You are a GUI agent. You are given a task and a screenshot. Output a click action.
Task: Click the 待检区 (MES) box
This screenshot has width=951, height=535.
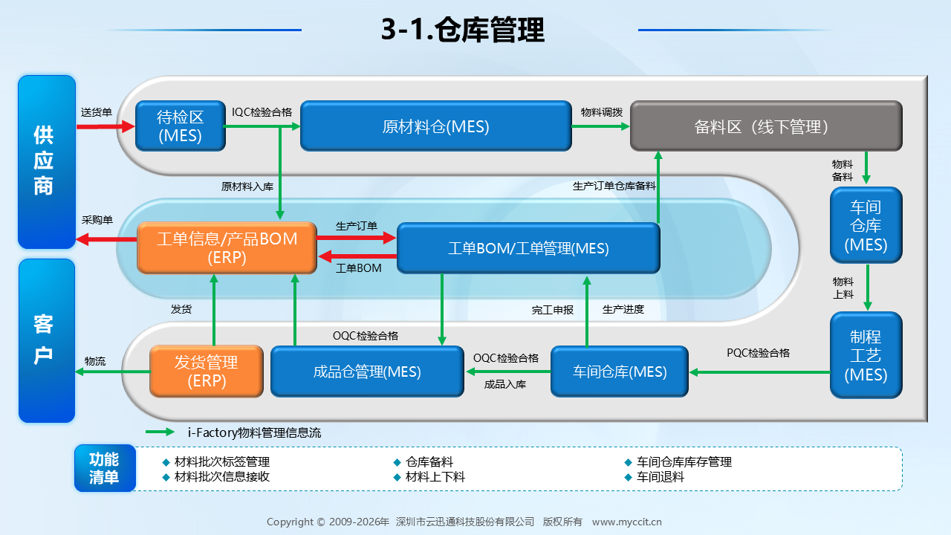tap(181, 126)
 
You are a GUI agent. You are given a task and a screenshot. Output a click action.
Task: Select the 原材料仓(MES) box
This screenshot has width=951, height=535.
tap(436, 126)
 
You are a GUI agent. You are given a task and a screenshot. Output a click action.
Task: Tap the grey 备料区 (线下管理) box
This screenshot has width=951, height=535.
tap(766, 126)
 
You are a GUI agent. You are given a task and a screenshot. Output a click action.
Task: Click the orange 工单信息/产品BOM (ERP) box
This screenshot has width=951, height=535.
tap(227, 248)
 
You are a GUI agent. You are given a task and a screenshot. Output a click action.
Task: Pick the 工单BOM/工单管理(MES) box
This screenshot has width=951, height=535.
tap(528, 248)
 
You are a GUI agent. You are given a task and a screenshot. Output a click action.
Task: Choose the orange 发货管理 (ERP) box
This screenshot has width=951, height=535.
tap(207, 372)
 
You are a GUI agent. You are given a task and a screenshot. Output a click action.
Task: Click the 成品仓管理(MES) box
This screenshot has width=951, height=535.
tap(367, 372)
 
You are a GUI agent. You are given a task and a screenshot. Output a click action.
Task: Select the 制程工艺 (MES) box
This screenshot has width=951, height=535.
tap(866, 355)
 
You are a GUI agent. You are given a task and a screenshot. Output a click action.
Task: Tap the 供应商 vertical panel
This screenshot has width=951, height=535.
tap(47, 162)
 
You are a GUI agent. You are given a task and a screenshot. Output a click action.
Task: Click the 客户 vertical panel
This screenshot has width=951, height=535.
tap(47, 340)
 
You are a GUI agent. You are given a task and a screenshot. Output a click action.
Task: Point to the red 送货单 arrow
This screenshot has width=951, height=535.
tap(106, 126)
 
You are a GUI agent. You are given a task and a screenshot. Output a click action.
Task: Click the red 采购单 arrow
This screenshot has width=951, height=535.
tap(106, 239)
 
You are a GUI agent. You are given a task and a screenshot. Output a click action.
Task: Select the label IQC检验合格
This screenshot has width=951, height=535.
tap(262, 112)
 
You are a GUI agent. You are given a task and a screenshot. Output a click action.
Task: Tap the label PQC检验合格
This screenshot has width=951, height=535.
tap(759, 353)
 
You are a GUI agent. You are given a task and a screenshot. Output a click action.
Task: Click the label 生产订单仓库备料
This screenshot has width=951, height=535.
tap(614, 186)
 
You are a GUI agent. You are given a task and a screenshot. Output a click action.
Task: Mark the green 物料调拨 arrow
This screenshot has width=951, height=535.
tap(601, 126)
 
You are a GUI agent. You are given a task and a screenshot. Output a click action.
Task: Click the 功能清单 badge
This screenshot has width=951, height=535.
tap(105, 468)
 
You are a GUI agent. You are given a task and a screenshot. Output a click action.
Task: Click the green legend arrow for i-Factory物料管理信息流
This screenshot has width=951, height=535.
tap(160, 432)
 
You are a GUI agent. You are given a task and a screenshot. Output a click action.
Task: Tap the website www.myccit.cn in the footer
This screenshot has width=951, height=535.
tap(627, 522)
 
